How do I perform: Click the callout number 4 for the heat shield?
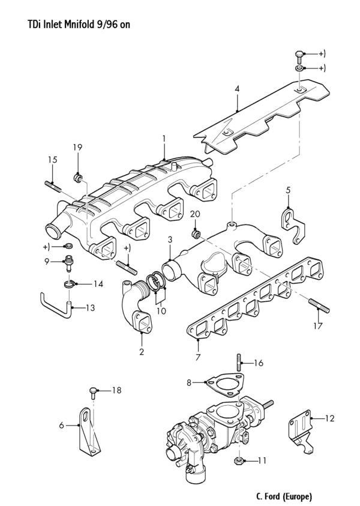click(x=237, y=89)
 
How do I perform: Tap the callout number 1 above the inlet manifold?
click(x=163, y=138)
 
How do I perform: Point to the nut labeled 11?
click(x=238, y=461)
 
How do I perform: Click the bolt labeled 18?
click(x=94, y=393)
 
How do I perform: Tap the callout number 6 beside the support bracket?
click(x=62, y=425)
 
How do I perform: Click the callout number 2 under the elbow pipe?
click(x=142, y=352)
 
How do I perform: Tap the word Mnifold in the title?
click(x=79, y=25)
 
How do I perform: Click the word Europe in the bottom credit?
click(x=296, y=497)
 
